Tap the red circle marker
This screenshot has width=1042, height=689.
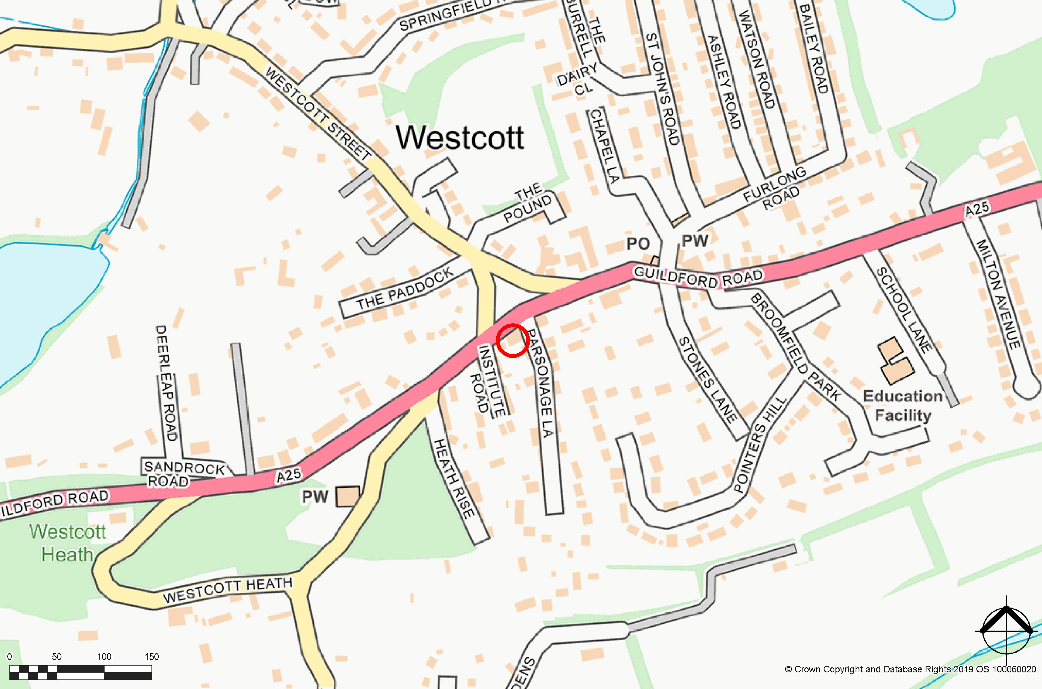[512, 340]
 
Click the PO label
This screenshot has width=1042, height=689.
[638, 243]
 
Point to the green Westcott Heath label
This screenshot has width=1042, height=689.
[68, 543]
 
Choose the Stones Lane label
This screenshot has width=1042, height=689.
[707, 380]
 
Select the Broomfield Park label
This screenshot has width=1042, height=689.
[795, 347]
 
